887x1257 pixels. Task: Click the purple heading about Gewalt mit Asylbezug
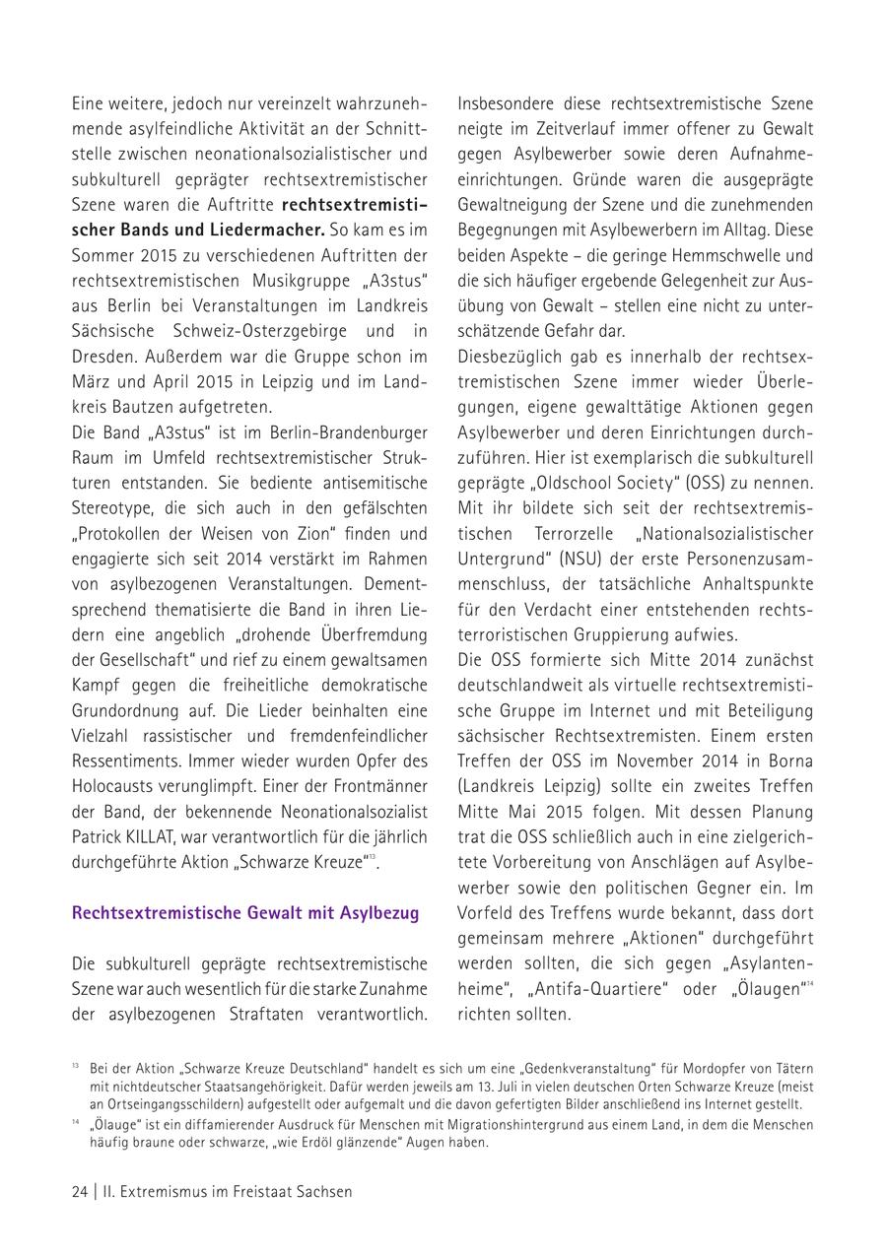[245, 912]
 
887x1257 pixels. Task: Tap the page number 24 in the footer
[80, 1191]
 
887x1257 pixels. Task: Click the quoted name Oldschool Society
[599, 483]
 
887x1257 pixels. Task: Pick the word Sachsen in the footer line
[320, 1191]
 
